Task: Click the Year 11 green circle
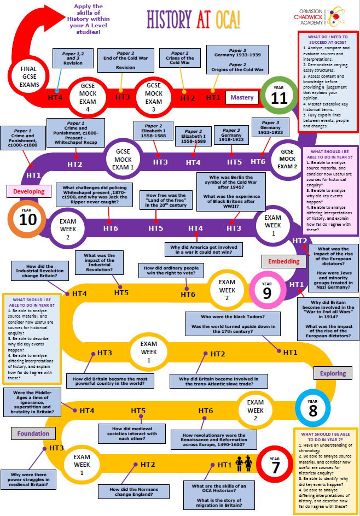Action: (x=279, y=96)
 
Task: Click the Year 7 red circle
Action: (x=275, y=465)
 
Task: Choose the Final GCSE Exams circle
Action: (x=29, y=77)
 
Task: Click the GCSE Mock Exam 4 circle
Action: (x=88, y=97)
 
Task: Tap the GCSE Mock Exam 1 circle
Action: (x=123, y=159)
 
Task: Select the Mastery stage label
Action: (x=242, y=97)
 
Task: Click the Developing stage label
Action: (x=29, y=191)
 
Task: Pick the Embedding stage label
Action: (x=283, y=261)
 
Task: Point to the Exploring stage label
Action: (x=333, y=373)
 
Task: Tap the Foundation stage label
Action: (x=33, y=433)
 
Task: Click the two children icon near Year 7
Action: (x=244, y=464)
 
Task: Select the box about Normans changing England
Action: (x=133, y=491)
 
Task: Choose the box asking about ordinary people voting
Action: (x=171, y=271)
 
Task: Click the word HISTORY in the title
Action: (x=169, y=20)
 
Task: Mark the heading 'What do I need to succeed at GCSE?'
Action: (x=328, y=39)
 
